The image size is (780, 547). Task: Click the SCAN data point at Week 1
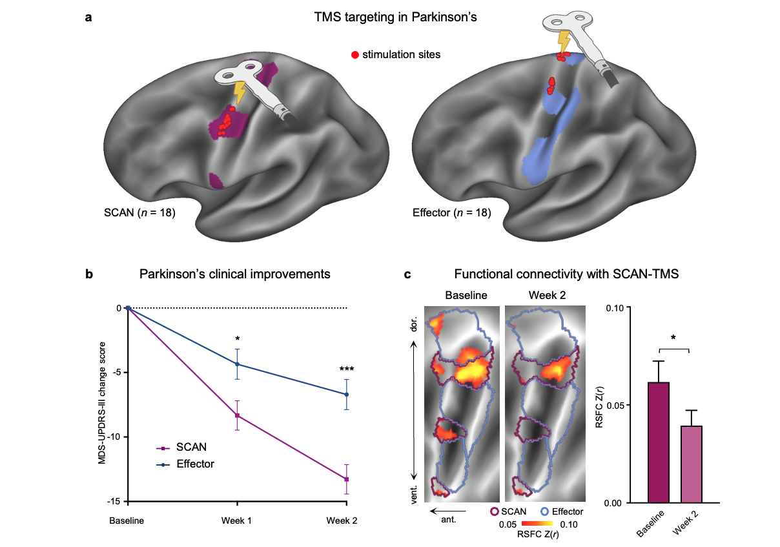[237, 415]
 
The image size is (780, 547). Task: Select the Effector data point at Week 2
[347, 394]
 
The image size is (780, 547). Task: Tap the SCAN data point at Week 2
[347, 479]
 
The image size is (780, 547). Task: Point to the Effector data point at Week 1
[237, 364]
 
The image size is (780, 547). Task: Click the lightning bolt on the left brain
[240, 92]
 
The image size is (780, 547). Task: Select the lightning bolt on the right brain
[564, 43]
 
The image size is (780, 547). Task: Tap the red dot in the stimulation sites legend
[354, 55]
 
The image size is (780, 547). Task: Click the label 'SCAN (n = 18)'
[139, 212]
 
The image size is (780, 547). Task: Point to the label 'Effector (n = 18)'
[452, 212]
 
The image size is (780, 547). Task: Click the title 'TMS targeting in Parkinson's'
[392, 17]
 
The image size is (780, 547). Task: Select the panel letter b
[90, 274]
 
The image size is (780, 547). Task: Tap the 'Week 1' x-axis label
[237, 521]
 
